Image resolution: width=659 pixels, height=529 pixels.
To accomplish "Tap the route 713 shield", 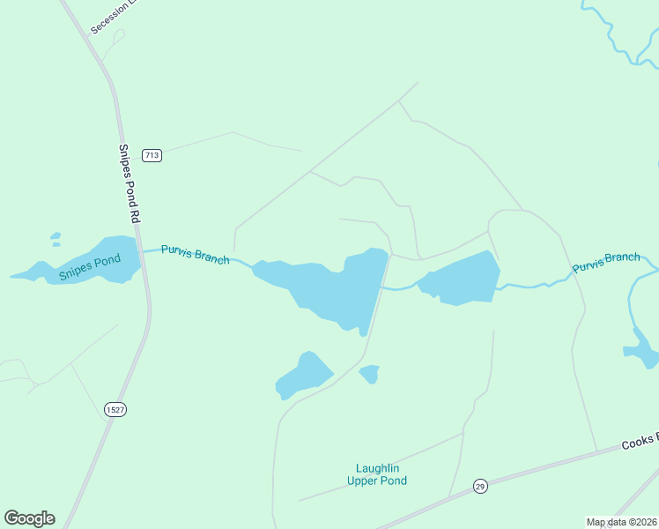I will point(152,155).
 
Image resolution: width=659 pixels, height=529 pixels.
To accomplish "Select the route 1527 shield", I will point(115,409).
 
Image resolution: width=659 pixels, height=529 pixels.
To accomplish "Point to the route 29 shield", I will point(480,486).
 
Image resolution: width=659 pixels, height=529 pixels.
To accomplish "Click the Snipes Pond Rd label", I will point(130,183).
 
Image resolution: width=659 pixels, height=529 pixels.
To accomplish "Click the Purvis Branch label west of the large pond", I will point(195,255).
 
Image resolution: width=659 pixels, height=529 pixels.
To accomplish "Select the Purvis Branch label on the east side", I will point(606,262).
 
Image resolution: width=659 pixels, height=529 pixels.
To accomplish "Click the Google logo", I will point(29,518).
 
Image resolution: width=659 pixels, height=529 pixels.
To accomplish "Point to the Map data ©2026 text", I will point(620,522).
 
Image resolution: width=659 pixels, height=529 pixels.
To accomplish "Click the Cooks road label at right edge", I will point(640,443).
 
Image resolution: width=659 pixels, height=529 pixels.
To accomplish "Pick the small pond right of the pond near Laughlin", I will point(370,374).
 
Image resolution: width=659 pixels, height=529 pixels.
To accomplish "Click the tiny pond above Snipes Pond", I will point(56,237).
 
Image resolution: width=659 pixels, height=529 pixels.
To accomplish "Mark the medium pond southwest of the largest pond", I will point(303,376).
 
